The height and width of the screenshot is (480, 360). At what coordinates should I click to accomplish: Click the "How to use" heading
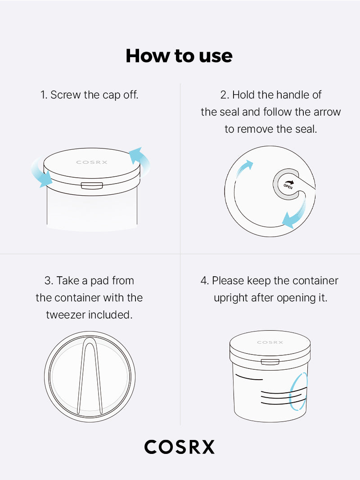[x=179, y=56]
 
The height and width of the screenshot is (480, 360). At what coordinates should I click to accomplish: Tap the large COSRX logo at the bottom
[x=180, y=447]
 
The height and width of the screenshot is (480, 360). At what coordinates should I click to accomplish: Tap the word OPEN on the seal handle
[x=288, y=186]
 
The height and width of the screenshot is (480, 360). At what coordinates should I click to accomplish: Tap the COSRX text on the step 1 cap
[x=92, y=162]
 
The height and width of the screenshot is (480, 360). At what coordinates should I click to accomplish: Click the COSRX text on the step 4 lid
[x=270, y=342]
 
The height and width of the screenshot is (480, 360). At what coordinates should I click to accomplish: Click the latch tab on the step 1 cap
[x=92, y=185]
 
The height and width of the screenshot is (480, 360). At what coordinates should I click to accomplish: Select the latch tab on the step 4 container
[x=270, y=362]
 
